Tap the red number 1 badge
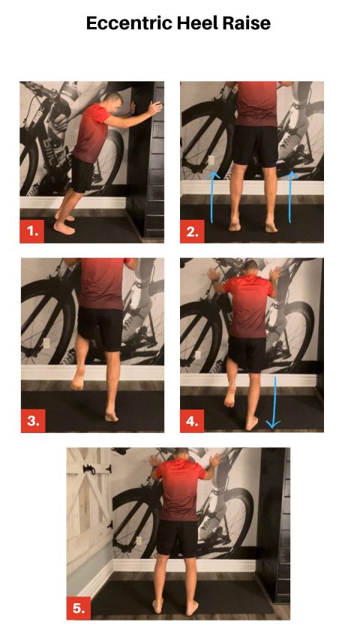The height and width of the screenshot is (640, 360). pos(32,230)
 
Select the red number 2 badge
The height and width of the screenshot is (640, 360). pos(192,230)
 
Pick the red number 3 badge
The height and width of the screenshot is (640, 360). pos(32,420)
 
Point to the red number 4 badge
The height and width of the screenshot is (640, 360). pos(192,420)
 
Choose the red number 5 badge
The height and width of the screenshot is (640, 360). pos(78,608)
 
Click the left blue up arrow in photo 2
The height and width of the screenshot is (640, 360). pos(212,197)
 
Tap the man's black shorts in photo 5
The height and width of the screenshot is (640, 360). pos(178,536)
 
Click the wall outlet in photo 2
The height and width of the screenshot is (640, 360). pos(211,161)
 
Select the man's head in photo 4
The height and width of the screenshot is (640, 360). pos(250,269)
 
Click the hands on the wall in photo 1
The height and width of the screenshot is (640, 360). pos(155,108)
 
